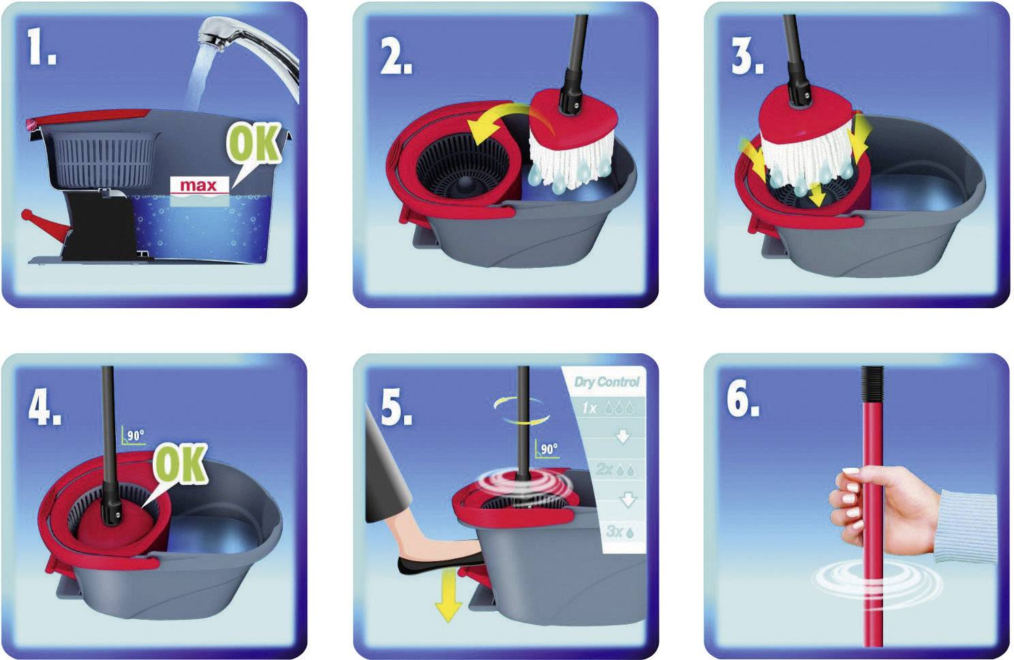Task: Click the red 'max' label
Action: (198, 185)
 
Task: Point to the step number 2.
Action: (395, 56)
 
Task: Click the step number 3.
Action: (747, 56)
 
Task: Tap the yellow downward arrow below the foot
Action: (448, 597)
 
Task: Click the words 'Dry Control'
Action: (606, 381)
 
